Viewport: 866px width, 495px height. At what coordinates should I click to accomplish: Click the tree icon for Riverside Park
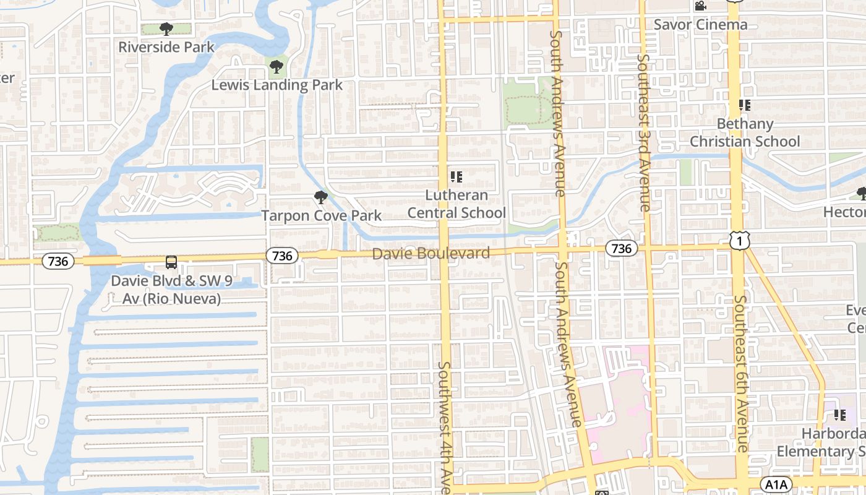pyautogui.click(x=166, y=28)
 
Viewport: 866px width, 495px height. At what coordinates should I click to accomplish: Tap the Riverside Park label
pyautogui.click(x=166, y=47)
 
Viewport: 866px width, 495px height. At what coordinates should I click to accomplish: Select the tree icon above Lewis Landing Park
pyautogui.click(x=277, y=66)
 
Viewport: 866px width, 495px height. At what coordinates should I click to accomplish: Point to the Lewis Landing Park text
pyautogui.click(x=277, y=85)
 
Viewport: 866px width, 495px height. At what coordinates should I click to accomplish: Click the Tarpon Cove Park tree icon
pyautogui.click(x=320, y=197)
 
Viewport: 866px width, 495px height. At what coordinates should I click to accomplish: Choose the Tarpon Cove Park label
pyautogui.click(x=321, y=215)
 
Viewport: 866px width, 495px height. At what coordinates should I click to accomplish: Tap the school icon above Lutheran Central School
pyautogui.click(x=457, y=177)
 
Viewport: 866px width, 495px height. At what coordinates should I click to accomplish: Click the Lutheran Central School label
pyautogui.click(x=457, y=204)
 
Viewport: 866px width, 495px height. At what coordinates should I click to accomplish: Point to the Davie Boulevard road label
pyautogui.click(x=431, y=253)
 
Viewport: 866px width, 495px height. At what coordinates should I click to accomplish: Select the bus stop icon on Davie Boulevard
pyautogui.click(x=171, y=262)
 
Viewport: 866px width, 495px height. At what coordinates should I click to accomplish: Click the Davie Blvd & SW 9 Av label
pyautogui.click(x=171, y=290)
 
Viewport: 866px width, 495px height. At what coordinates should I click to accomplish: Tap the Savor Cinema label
pyautogui.click(x=700, y=25)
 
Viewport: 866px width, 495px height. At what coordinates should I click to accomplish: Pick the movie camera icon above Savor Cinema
pyautogui.click(x=700, y=6)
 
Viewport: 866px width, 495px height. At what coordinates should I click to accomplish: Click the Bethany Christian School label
pyautogui.click(x=745, y=132)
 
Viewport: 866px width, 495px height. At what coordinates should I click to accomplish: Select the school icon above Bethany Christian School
pyautogui.click(x=744, y=105)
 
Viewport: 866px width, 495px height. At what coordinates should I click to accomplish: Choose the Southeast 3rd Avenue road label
pyautogui.click(x=644, y=133)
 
